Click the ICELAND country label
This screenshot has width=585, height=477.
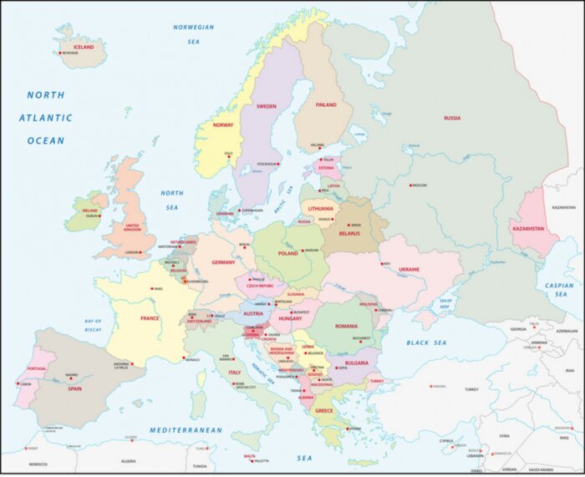point(84,47)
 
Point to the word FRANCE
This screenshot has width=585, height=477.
point(150,318)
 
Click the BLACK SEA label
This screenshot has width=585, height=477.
point(428,343)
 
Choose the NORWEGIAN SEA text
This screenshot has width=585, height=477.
point(194,33)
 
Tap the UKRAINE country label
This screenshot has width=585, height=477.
point(409,269)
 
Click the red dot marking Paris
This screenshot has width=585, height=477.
point(150,289)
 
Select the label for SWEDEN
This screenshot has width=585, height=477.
point(266,106)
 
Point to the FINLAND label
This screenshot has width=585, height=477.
point(326,104)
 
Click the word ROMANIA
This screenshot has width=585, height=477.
point(346,326)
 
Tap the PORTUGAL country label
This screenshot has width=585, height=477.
point(36,368)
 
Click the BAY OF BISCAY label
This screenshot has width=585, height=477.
point(93,325)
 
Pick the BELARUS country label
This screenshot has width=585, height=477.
point(349,234)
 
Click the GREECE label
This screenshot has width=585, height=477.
point(323,410)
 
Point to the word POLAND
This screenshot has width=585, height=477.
point(287,252)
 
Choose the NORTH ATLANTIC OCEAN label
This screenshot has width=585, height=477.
point(45,118)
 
